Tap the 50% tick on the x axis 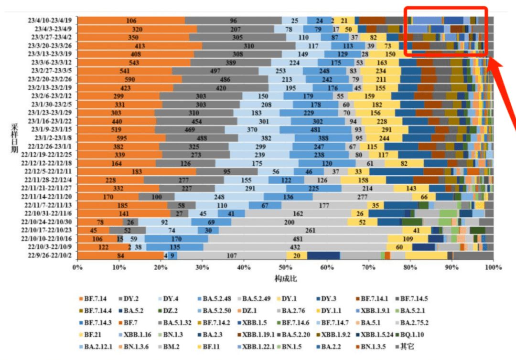[x=285, y=267]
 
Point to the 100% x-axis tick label [x=492, y=267]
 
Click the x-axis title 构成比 [x=285, y=278]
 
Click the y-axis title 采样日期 [x=15, y=138]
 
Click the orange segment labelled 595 [x=121, y=138]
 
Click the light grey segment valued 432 [x=295, y=247]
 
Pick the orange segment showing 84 [x=120, y=255]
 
